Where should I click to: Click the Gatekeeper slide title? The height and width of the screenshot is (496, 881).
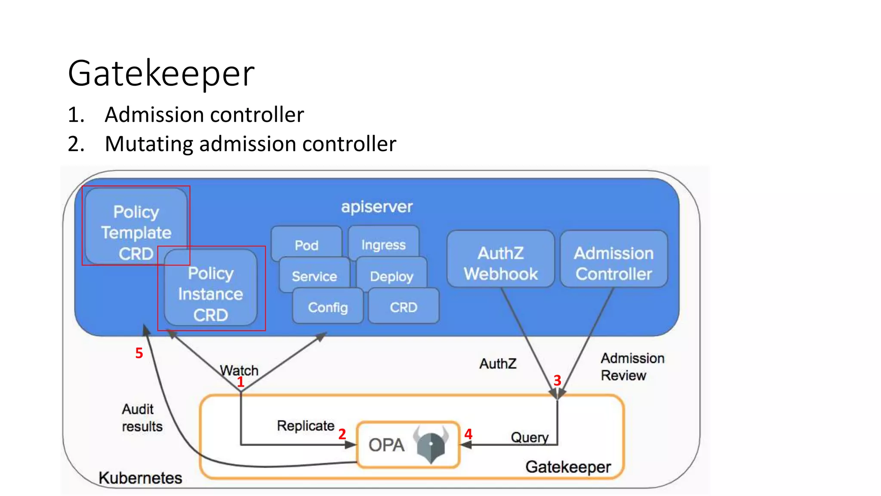tap(161, 74)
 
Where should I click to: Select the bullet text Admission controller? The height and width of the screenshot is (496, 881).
tap(204, 115)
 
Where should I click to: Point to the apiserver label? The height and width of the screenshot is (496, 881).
tap(377, 207)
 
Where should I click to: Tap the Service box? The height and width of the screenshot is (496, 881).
tap(314, 276)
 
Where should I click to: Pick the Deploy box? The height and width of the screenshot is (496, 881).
tap(391, 276)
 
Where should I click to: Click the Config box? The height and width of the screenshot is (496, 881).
tap(328, 307)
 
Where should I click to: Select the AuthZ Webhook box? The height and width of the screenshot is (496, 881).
tap(501, 263)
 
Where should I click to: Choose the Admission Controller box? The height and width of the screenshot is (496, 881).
tap(614, 263)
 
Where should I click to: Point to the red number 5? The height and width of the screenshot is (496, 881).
tap(139, 353)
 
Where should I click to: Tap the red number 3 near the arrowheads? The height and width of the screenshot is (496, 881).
tap(557, 380)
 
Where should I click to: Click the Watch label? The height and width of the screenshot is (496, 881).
tap(239, 370)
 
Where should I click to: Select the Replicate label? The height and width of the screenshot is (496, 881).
tap(305, 426)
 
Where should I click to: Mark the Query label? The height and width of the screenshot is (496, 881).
tap(530, 437)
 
